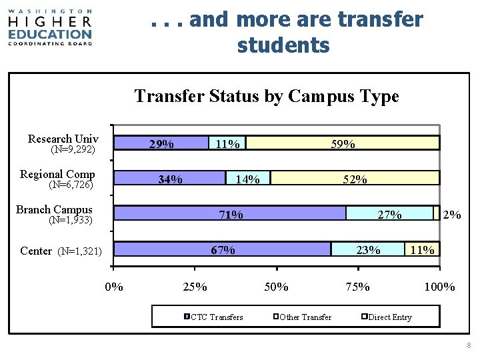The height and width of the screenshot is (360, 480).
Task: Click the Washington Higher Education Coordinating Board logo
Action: tap(50, 27)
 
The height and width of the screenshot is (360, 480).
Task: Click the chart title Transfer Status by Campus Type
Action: tap(266, 96)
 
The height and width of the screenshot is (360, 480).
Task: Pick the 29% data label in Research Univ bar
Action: tap(161, 144)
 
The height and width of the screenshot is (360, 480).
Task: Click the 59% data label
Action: tap(343, 144)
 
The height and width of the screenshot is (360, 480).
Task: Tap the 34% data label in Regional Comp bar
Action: tap(170, 179)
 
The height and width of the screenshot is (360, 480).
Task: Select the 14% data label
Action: tap(248, 179)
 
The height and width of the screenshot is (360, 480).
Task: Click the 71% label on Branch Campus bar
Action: tap(231, 215)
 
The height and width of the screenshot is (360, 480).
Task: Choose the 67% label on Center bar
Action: tap(223, 250)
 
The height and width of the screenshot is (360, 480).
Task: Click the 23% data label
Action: tap(368, 250)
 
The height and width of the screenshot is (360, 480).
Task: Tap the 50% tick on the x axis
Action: tap(277, 287)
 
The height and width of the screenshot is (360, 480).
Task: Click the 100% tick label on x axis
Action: tap(439, 287)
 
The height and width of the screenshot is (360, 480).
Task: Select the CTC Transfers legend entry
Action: tap(214, 317)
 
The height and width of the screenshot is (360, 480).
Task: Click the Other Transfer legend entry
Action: tap(303, 317)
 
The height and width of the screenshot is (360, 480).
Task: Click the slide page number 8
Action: tap(469, 345)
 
